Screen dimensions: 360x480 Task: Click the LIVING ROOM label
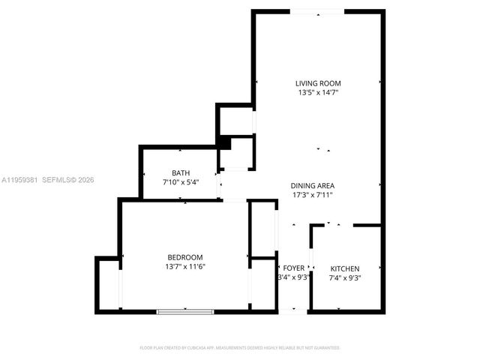tap(318, 83)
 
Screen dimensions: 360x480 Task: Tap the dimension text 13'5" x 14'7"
tap(318, 93)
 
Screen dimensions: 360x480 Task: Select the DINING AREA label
tap(313, 185)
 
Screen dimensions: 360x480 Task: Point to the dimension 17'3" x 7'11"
tap(313, 195)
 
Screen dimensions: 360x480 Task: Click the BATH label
tap(181, 172)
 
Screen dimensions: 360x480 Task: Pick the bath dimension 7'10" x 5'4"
tap(181, 182)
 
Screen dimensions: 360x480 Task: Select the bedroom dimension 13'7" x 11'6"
tap(184, 267)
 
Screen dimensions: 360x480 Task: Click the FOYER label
tap(293, 268)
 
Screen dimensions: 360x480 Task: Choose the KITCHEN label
tap(345, 268)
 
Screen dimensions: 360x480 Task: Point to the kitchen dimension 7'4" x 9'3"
tap(345, 278)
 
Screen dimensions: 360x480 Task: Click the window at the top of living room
tap(318, 11)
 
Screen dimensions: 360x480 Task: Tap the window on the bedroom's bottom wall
tap(184, 311)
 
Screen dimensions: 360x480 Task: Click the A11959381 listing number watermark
tap(19, 180)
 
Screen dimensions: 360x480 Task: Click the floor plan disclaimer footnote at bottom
tap(240, 348)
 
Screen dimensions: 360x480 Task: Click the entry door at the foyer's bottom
tap(293, 310)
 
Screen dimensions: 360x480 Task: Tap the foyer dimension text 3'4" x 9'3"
tap(293, 277)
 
